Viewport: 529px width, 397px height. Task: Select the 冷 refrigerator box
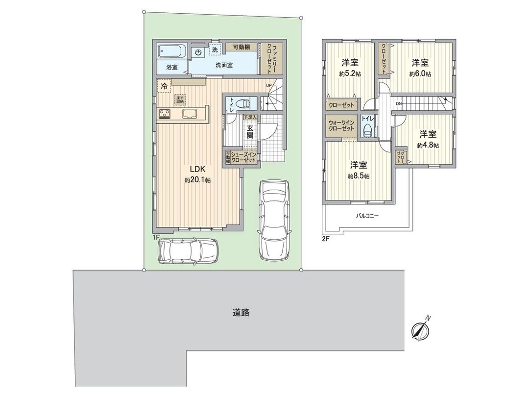pyautogui.click(x=164, y=85)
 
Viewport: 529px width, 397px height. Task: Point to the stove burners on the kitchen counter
pyautogui.click(x=164, y=114)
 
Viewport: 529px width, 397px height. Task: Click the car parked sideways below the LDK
pyautogui.click(x=188, y=250)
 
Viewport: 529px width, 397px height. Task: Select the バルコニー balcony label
pyautogui.click(x=367, y=215)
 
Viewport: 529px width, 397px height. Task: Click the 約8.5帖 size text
pyautogui.click(x=359, y=175)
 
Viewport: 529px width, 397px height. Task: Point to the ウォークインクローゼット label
pyautogui.click(x=341, y=124)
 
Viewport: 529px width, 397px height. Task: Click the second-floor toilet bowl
pyautogui.click(x=367, y=129)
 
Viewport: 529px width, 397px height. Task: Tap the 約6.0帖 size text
pyautogui.click(x=420, y=74)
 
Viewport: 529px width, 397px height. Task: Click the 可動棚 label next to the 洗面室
pyautogui.click(x=241, y=47)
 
